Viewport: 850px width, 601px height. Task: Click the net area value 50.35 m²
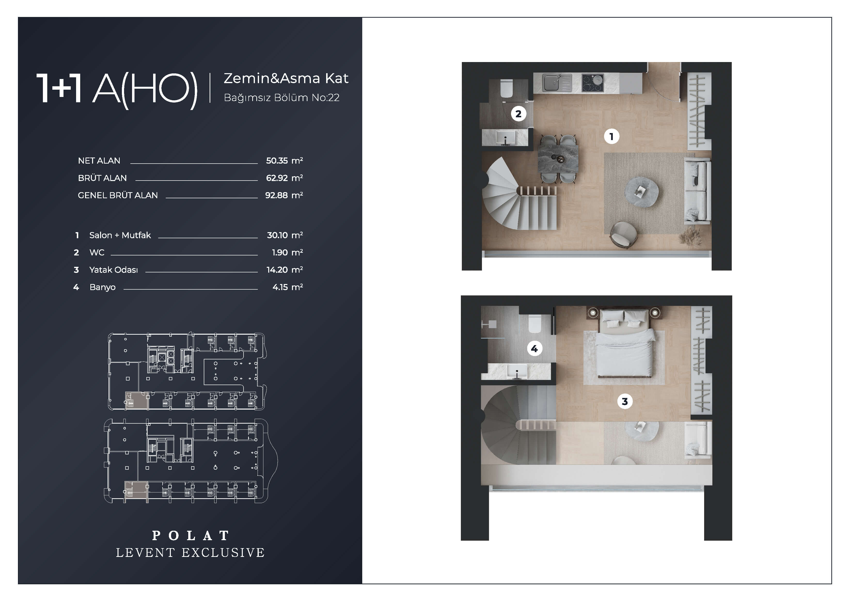[284, 161]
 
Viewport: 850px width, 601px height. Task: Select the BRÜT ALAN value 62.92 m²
[284, 178]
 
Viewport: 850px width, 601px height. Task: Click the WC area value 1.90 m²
[287, 253]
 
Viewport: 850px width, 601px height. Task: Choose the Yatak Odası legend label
[114, 270]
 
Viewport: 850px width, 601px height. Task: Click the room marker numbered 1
[611, 137]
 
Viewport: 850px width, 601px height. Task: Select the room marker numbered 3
[625, 401]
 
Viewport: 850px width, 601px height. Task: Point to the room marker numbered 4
[534, 348]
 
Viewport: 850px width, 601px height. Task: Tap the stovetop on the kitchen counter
[593, 83]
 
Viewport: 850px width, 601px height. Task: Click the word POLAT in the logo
[191, 536]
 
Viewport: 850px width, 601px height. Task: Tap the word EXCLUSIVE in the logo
[223, 553]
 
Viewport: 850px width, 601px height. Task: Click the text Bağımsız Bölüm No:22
[282, 97]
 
